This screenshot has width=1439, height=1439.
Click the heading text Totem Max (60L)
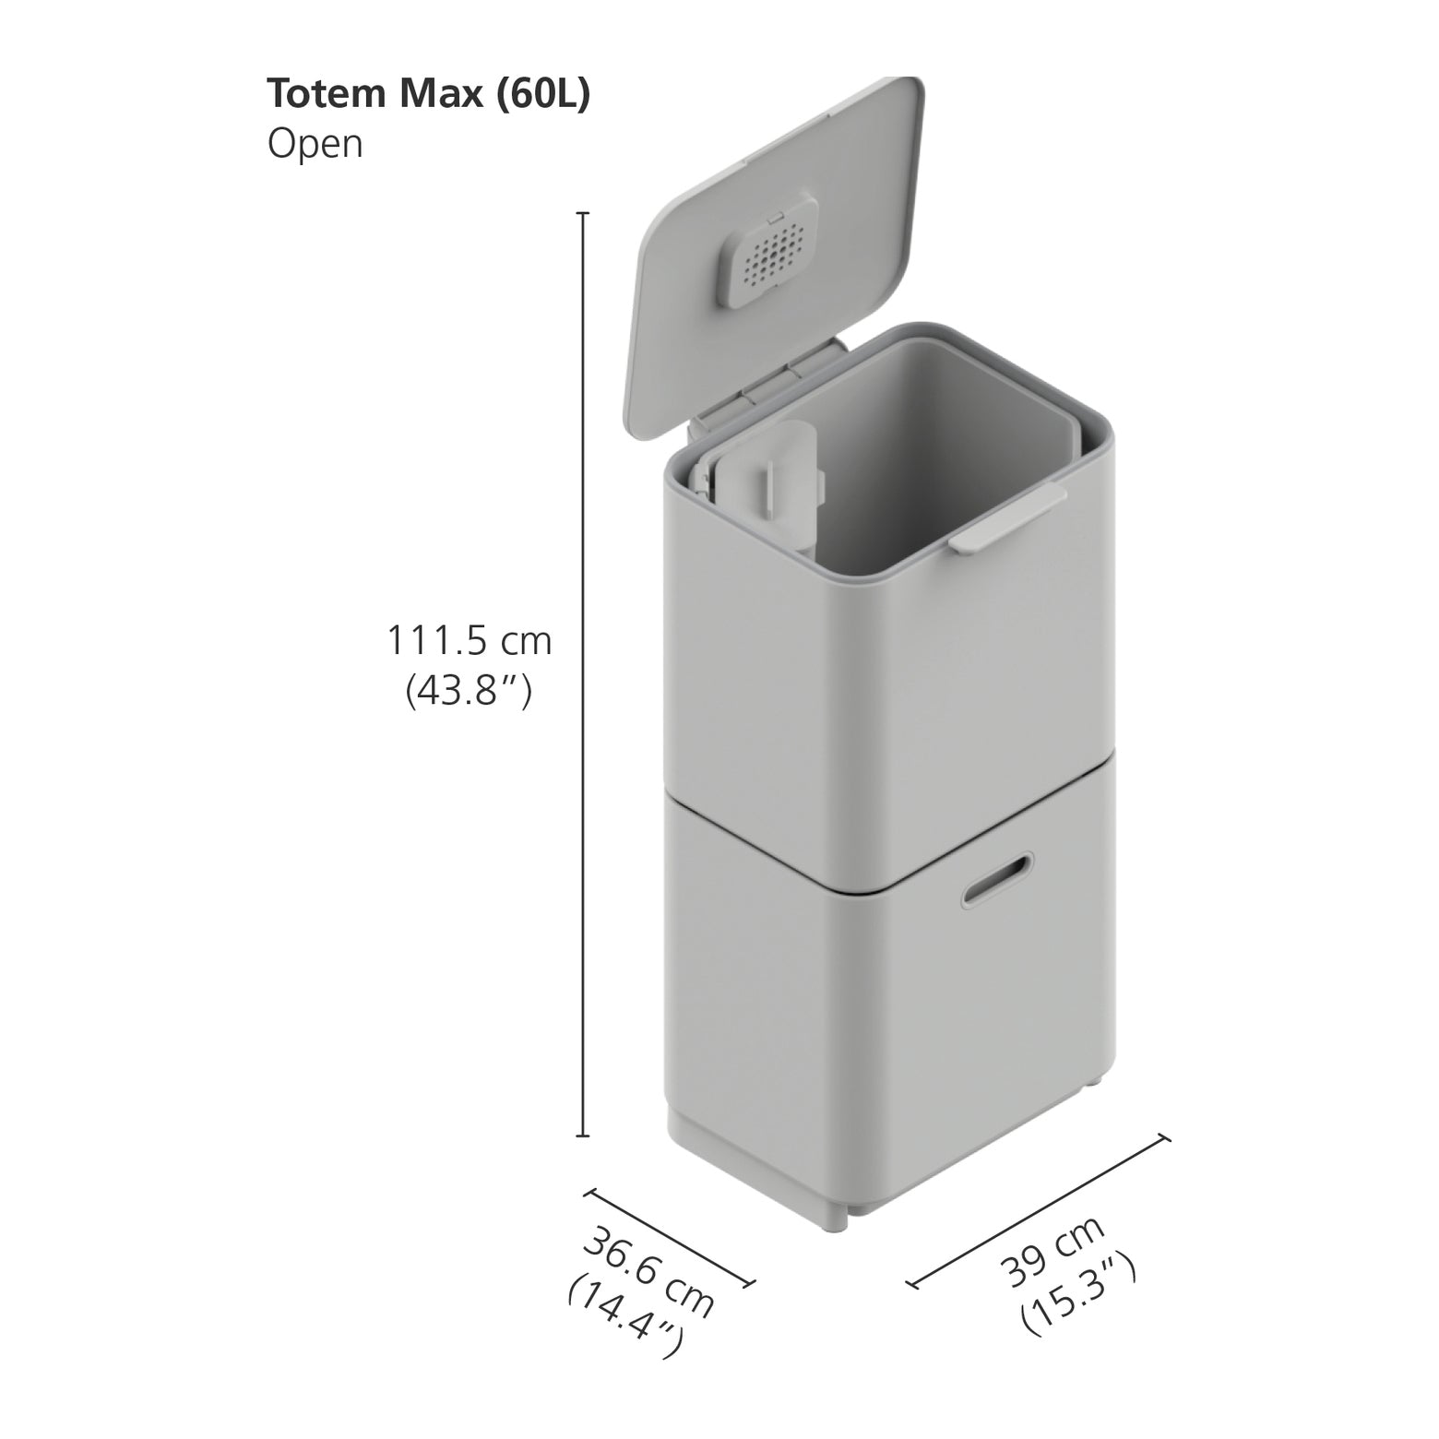pos(428,95)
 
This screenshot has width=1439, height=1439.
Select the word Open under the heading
pos(315,145)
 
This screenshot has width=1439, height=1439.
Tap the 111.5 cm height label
pos(469,640)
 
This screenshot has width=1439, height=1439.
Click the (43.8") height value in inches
pos(469,691)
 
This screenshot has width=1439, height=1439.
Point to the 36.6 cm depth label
pos(648,1273)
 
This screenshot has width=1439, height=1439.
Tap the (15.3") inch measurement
pos(1077,1295)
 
